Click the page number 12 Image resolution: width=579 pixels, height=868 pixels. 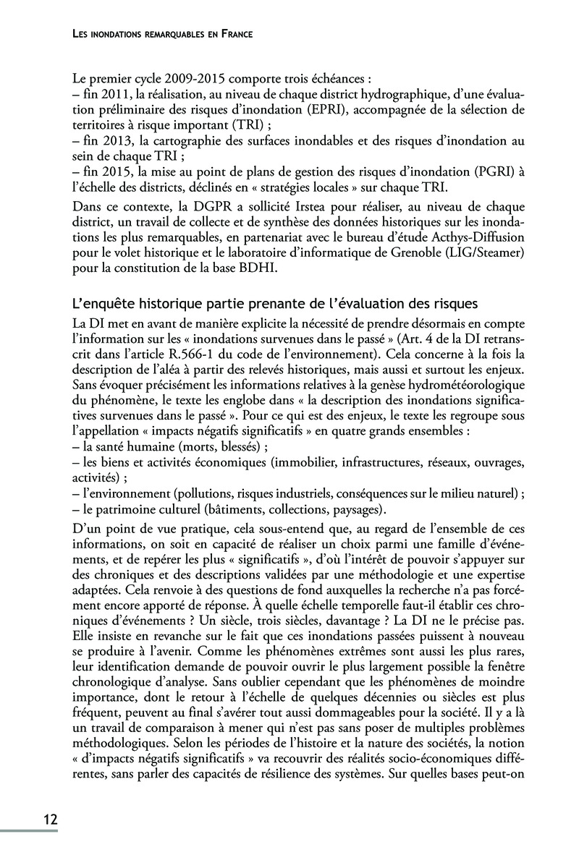click(x=50, y=819)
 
